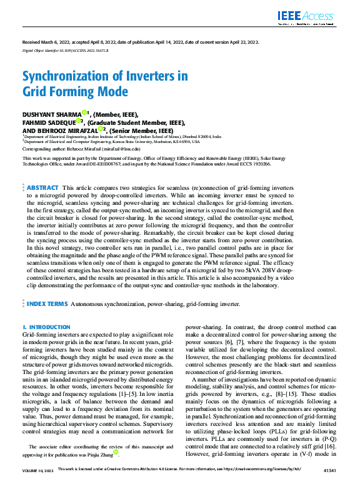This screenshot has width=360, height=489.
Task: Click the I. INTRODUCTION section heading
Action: pos(46,327)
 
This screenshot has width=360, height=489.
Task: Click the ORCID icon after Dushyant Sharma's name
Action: pos(84,113)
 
